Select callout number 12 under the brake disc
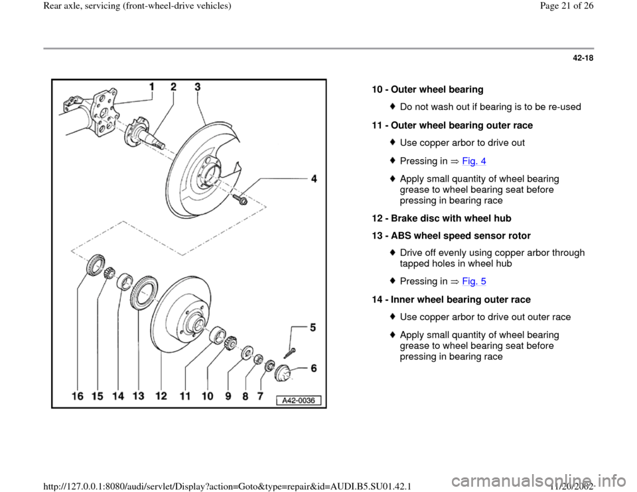click(x=161, y=396)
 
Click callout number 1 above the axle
click(x=152, y=87)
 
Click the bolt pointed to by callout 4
click(x=241, y=198)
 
